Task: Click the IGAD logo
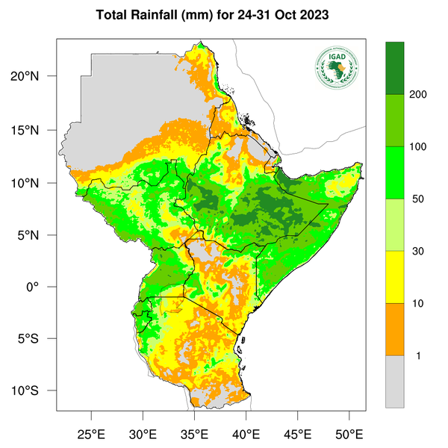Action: (x=337, y=69)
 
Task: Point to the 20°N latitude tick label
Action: (x=34, y=76)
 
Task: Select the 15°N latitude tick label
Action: (x=34, y=131)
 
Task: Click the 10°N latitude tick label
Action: (x=34, y=183)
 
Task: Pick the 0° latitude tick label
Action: (x=42, y=287)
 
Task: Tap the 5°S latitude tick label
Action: (x=37, y=339)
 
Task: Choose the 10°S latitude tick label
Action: (x=34, y=391)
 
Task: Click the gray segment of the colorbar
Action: (x=394, y=381)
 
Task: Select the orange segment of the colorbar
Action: (x=394, y=329)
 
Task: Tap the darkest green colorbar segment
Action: (x=394, y=69)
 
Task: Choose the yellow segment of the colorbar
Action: (x=394, y=277)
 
